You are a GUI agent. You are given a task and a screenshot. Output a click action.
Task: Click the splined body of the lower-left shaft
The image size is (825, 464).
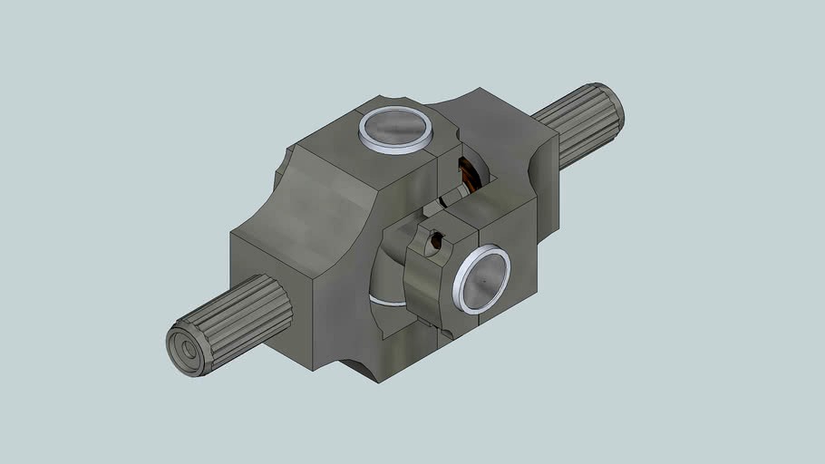(x=245, y=317)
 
